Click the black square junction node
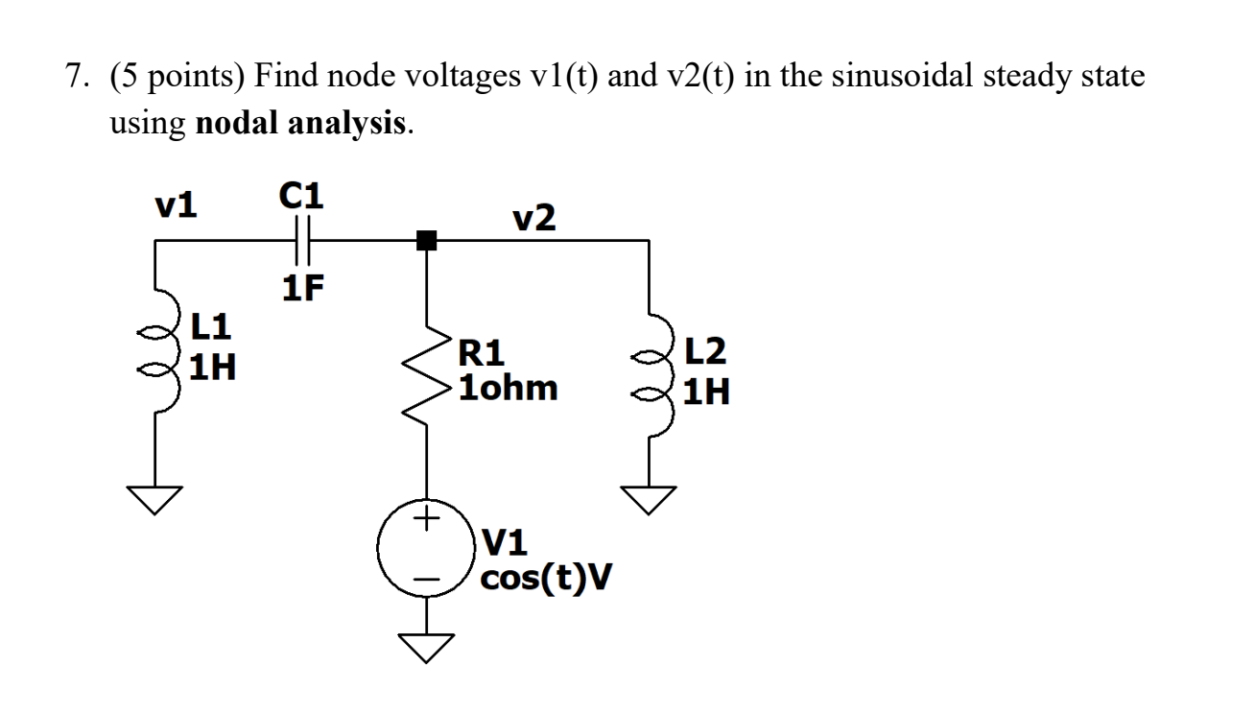pos(426,241)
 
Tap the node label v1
pos(177,204)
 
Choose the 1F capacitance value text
pos(302,287)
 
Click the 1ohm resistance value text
pos(508,389)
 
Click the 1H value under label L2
pos(706,392)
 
